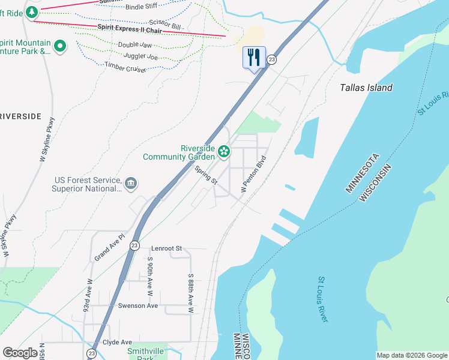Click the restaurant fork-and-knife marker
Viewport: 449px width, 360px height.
[x=254, y=58]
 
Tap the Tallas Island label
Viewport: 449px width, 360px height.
[x=366, y=88]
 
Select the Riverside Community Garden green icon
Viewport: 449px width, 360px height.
[x=224, y=151]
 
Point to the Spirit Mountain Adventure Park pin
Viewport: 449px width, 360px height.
[x=60, y=46]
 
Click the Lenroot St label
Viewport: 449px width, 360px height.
[x=166, y=248]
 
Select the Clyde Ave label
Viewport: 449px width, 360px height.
[x=116, y=342]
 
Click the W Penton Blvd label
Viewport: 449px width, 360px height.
[x=253, y=175]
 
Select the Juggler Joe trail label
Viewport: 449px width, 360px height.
[x=140, y=56]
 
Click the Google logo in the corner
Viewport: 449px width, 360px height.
[x=20, y=353]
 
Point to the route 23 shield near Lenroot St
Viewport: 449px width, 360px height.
[x=134, y=245]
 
